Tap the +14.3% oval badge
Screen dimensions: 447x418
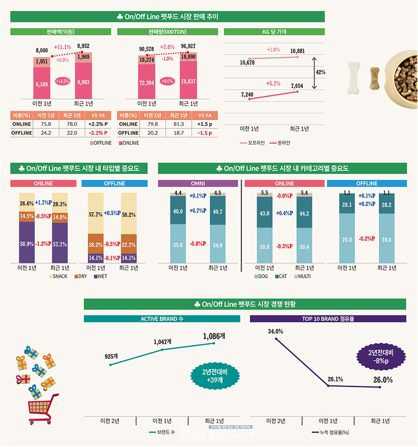click(x=63, y=81)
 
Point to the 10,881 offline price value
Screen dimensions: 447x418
click(x=297, y=51)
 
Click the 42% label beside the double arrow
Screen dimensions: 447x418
click(x=320, y=72)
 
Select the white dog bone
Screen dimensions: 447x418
click(x=354, y=78)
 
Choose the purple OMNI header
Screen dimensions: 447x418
click(x=198, y=183)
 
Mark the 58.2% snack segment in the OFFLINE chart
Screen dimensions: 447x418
click(x=128, y=215)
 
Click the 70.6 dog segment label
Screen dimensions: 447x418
click(x=386, y=240)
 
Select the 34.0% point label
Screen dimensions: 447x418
click(x=276, y=332)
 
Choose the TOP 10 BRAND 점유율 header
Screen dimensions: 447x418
click(x=328, y=319)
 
